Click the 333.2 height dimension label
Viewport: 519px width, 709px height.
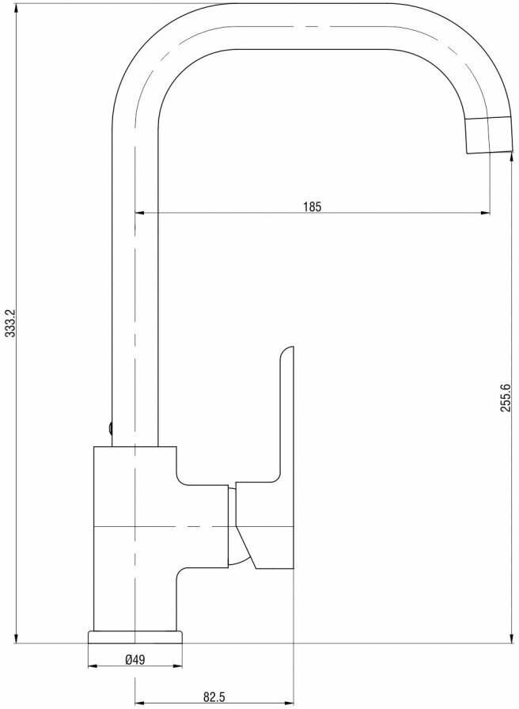tap(10, 323)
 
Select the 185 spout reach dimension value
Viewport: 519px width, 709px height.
tap(312, 207)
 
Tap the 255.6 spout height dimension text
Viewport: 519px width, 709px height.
tap(506, 397)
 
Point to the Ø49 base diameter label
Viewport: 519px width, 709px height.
tap(135, 660)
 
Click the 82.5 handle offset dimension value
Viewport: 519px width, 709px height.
tap(214, 697)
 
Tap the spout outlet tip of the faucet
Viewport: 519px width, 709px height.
tap(490, 135)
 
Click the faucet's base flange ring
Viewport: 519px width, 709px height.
tap(135, 637)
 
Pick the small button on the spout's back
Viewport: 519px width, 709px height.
tap(109, 427)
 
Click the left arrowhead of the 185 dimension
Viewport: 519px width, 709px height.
tap(139, 213)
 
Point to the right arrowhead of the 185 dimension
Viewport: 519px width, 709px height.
tap(486, 213)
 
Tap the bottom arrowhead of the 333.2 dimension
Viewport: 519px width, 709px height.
tap(16, 639)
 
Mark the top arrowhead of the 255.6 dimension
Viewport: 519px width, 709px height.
tap(512, 157)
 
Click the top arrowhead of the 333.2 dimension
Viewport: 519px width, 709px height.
tap(16, 8)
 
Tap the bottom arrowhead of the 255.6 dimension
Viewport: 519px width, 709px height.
tap(512, 639)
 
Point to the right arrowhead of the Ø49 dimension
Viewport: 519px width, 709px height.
tap(179, 666)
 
